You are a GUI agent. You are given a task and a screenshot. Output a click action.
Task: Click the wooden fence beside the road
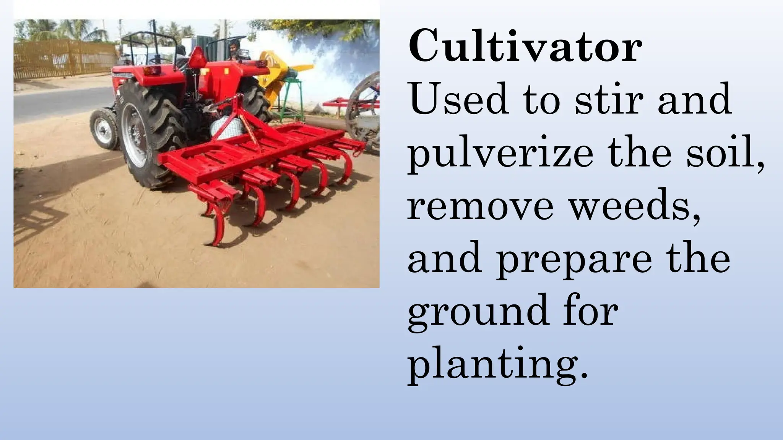(x=65, y=59)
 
